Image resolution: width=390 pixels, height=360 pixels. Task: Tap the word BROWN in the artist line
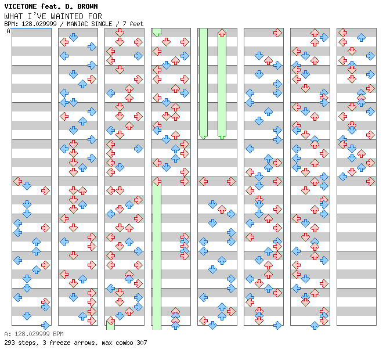87,6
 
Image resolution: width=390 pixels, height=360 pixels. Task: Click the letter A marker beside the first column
8,31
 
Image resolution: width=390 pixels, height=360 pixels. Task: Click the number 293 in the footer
10,343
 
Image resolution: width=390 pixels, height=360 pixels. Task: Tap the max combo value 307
141,343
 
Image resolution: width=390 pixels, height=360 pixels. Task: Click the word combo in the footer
122,343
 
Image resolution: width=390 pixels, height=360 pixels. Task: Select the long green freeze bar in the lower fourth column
157,255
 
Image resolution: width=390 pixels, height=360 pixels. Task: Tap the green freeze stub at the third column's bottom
110,323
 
